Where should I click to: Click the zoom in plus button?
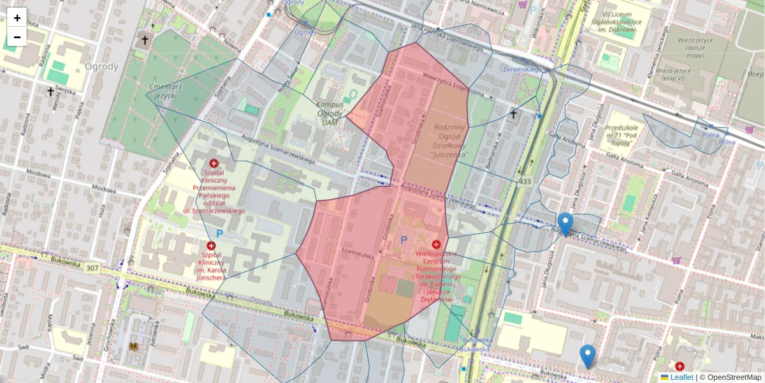click(17, 18)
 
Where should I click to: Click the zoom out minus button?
click(17, 37)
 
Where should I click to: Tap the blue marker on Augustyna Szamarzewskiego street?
click(565, 224)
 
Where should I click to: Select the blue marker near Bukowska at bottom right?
click(587, 356)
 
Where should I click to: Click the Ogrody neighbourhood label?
click(101, 66)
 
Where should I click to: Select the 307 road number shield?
click(92, 268)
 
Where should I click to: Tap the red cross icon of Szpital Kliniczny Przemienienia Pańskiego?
click(214, 163)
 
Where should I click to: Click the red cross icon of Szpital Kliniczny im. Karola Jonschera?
click(211, 245)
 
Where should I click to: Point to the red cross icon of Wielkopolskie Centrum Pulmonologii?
click(436, 244)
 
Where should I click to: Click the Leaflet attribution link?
click(681, 377)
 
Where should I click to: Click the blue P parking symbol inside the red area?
click(403, 240)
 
